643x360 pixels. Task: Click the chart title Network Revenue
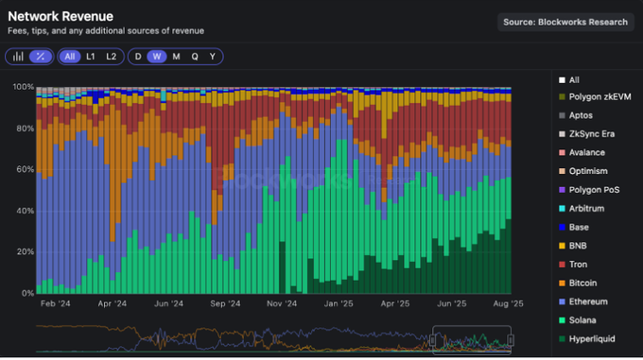click(x=61, y=16)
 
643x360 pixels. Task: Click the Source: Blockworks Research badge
click(x=565, y=22)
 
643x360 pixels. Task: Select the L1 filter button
click(x=91, y=57)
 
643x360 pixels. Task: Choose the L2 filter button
click(x=112, y=57)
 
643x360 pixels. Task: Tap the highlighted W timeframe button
click(x=157, y=57)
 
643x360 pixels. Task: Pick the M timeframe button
click(x=176, y=57)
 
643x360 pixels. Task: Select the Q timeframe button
click(x=194, y=57)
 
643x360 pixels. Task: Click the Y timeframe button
click(x=212, y=57)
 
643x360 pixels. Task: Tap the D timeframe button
click(x=138, y=57)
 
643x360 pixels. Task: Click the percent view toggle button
click(x=40, y=57)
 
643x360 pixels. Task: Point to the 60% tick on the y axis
click(x=23, y=169)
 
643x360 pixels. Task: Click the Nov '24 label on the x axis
click(x=282, y=304)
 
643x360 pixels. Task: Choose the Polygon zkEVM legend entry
click(x=598, y=97)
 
